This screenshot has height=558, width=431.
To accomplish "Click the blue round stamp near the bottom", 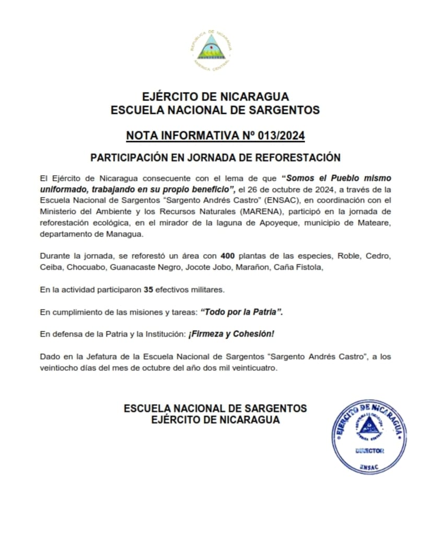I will pyautogui.click(x=369, y=437).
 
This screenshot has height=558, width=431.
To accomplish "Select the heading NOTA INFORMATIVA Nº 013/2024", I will pyautogui.click(x=215, y=136).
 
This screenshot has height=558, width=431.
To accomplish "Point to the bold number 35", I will pyautogui.click(x=148, y=288).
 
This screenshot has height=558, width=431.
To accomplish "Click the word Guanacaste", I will pyautogui.click(x=131, y=267).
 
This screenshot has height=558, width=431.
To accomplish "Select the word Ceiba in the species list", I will pyautogui.click(x=50, y=267).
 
